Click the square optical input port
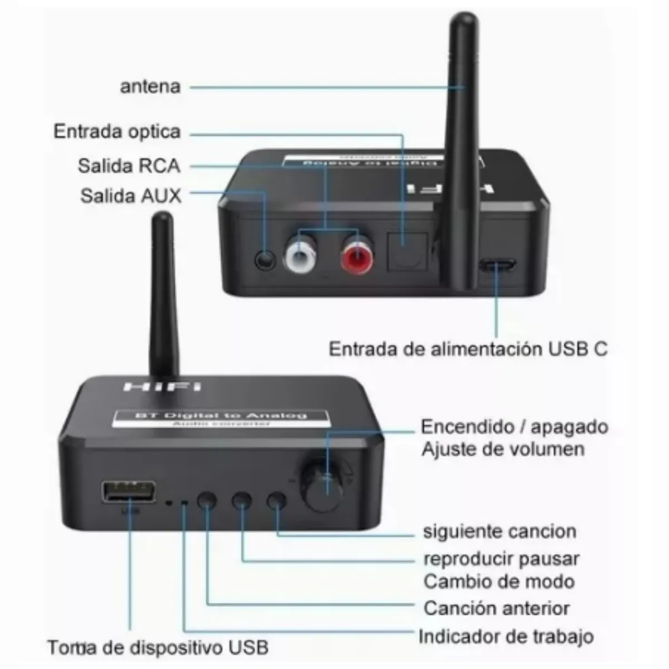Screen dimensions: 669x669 [x=406, y=248]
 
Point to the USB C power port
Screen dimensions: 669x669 [x=497, y=266]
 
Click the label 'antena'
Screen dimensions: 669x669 [x=151, y=87]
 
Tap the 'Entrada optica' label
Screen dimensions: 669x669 [x=117, y=132]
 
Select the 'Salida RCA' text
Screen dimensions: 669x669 [x=129, y=166]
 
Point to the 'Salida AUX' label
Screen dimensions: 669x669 [x=131, y=196]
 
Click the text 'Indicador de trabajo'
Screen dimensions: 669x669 [x=506, y=636]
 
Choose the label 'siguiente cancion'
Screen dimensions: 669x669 [x=500, y=531]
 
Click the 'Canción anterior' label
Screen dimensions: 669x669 [x=496, y=608]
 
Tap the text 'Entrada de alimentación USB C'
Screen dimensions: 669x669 [x=468, y=349]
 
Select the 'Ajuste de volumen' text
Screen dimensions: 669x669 [x=503, y=449]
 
